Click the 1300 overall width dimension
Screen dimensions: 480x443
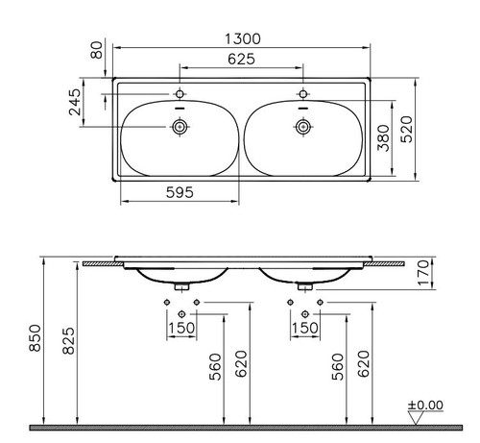point(243,39)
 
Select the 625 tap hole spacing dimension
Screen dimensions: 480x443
point(241,59)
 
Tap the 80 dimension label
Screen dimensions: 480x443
point(97,50)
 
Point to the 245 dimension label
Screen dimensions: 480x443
point(75,102)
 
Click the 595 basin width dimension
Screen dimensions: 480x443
point(180,192)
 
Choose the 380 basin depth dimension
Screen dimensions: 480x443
point(384,138)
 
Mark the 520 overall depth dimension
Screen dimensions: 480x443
point(407,130)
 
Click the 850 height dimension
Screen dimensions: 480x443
point(36,338)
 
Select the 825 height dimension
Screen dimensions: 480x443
point(68,341)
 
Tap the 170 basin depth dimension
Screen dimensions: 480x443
point(423,273)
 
